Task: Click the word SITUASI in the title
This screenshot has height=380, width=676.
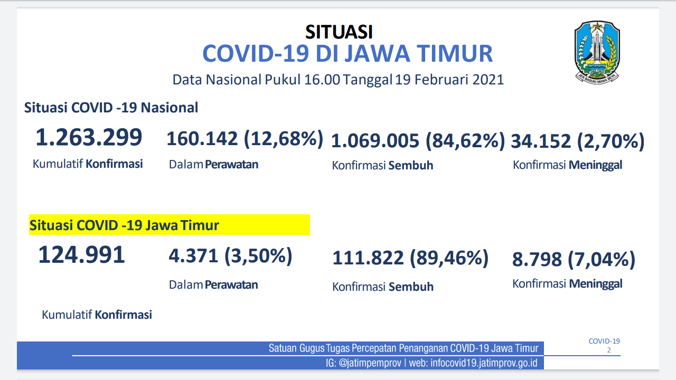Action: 339,32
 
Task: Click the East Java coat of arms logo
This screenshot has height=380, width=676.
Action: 597,52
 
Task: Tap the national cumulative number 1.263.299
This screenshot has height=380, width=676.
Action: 89,137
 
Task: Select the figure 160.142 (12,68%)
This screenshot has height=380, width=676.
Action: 245,139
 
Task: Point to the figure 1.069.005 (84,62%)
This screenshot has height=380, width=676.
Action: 418,140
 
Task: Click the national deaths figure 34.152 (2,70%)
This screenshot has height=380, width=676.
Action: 578,141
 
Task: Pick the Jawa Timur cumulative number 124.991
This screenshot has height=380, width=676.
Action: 81,255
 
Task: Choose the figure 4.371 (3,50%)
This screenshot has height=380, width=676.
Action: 230,256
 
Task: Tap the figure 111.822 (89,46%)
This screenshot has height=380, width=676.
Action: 410,258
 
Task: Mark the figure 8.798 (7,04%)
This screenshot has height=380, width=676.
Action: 574,259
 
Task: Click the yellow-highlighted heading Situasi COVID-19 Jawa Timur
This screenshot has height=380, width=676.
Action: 124,225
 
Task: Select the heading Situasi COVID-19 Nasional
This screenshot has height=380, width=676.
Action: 111,108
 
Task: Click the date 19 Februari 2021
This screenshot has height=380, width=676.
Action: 449,80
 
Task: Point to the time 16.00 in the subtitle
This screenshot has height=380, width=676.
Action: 322,80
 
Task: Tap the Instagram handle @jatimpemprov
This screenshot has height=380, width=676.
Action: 370,363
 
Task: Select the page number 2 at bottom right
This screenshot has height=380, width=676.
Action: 609,350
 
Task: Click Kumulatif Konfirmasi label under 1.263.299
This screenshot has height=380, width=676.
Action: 88,164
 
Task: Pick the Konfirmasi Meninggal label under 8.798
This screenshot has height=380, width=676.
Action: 567,284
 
